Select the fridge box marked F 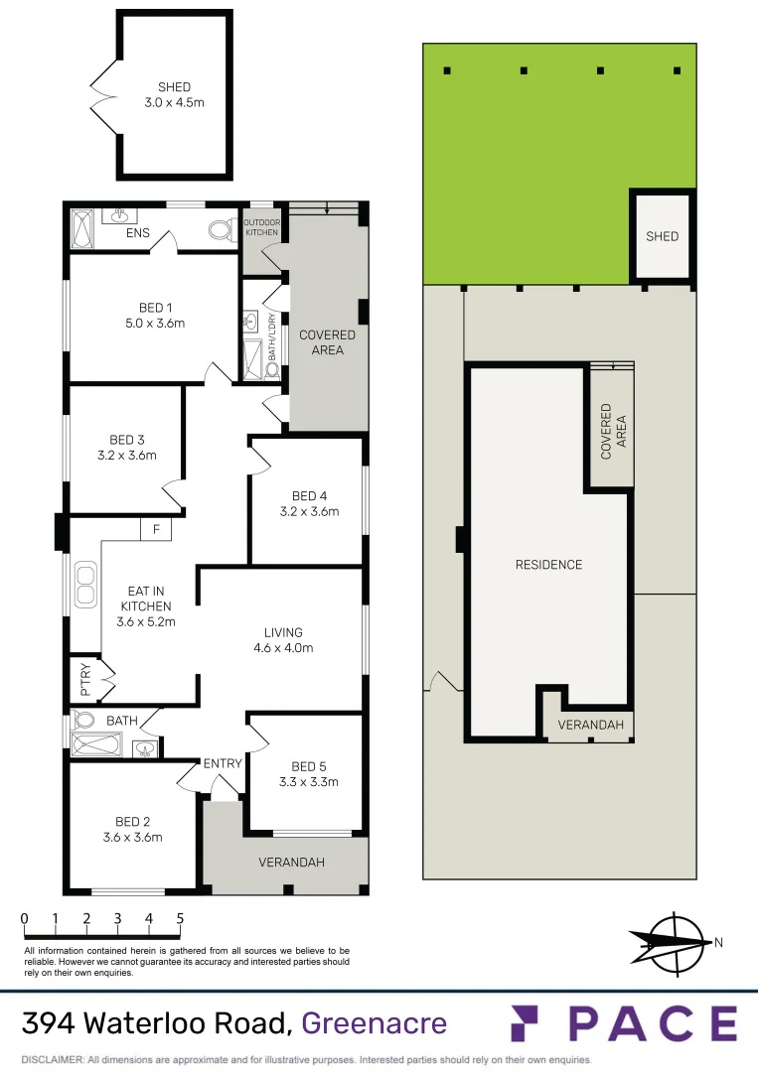pos(156,530)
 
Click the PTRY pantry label pos(84,676)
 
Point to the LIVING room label pos(283,632)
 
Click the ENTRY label pos(223,763)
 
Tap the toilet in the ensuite pos(222,231)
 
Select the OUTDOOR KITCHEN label pos(261,227)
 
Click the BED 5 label pos(308,766)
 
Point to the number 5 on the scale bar pos(180,918)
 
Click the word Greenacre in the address pos(374,1022)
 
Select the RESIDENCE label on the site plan pos(548,565)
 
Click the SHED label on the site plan pos(663,236)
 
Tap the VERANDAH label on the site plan pos(591,726)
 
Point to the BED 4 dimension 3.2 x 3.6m pos(309,512)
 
